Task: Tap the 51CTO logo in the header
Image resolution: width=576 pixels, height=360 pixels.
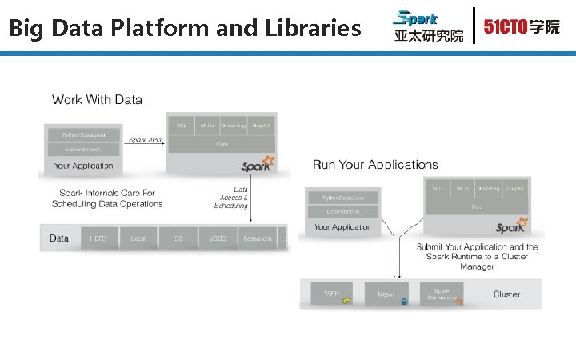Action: click(x=521, y=26)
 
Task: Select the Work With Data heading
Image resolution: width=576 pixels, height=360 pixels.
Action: click(x=97, y=100)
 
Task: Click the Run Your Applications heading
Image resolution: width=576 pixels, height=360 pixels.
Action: click(x=375, y=165)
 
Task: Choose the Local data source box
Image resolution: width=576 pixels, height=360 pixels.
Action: click(x=138, y=238)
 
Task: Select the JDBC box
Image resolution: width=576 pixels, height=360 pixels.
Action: click(x=217, y=238)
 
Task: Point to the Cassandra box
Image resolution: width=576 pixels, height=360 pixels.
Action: click(x=257, y=238)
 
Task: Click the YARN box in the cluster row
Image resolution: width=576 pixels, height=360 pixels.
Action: click(x=331, y=294)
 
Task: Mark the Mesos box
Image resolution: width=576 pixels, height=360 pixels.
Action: click(x=386, y=294)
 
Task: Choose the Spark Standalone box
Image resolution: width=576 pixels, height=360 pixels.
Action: click(x=441, y=294)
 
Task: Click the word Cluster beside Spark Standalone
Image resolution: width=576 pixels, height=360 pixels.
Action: click(x=506, y=294)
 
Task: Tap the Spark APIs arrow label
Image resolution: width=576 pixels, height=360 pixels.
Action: click(x=146, y=140)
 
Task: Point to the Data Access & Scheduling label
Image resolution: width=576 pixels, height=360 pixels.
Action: click(x=231, y=198)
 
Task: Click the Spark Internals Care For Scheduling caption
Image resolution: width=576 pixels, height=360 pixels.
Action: click(x=107, y=198)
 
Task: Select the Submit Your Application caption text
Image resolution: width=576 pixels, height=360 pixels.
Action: click(x=477, y=256)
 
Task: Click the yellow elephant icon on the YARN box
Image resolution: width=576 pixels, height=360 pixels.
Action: click(x=347, y=300)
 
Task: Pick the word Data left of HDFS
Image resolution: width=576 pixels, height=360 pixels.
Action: click(x=59, y=238)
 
